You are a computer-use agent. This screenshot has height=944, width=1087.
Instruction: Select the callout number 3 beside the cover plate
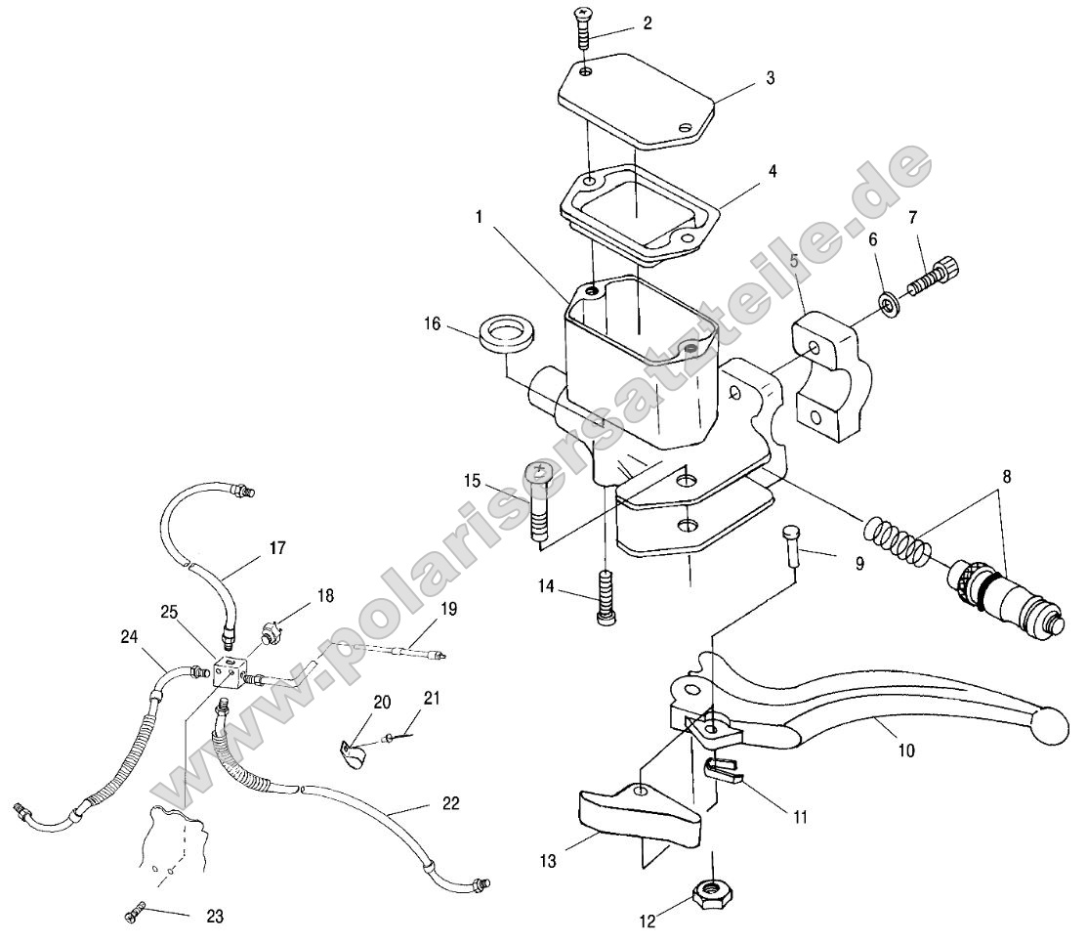click(771, 77)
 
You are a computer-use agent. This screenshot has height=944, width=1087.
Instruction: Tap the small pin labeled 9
click(793, 548)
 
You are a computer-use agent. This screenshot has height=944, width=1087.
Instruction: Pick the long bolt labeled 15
click(540, 503)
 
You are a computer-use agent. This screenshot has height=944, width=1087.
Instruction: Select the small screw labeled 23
click(135, 914)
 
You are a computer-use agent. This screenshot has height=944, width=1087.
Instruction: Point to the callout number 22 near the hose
click(449, 803)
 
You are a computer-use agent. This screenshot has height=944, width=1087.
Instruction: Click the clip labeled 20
click(352, 754)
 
